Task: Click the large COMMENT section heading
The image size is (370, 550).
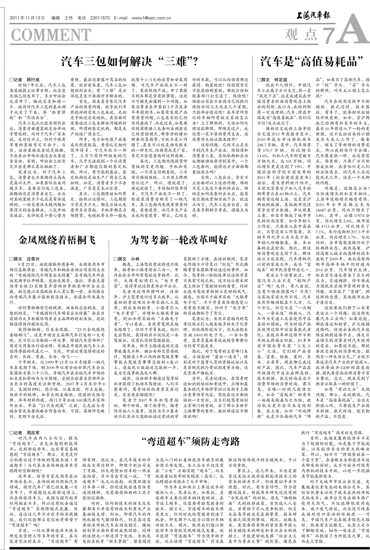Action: (51, 35)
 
